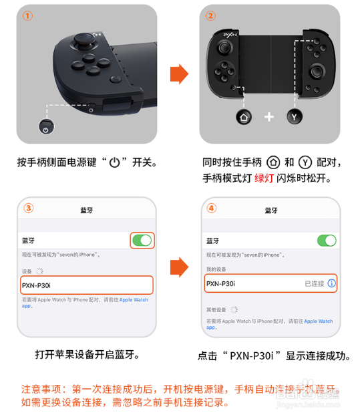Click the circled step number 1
click(27, 16)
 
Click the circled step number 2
click(211, 16)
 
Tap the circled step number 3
click(29, 208)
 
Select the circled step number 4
click(212, 208)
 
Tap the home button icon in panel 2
click(244, 117)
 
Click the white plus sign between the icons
click(269, 117)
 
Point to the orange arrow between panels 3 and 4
click(178, 267)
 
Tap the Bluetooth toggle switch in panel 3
click(142, 240)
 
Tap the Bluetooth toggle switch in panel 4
click(326, 240)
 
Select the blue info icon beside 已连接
click(331, 283)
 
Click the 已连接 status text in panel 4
click(314, 283)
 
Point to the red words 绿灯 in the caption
click(264, 178)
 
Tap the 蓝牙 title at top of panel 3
click(87, 210)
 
